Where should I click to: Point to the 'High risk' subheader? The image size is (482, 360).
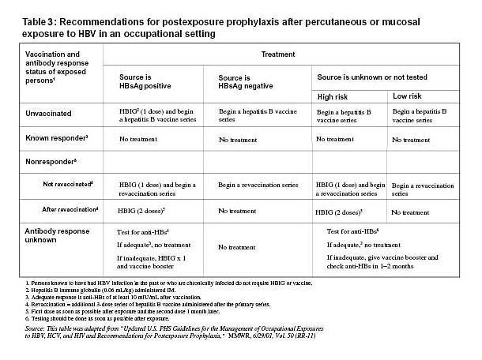click(336, 95)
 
